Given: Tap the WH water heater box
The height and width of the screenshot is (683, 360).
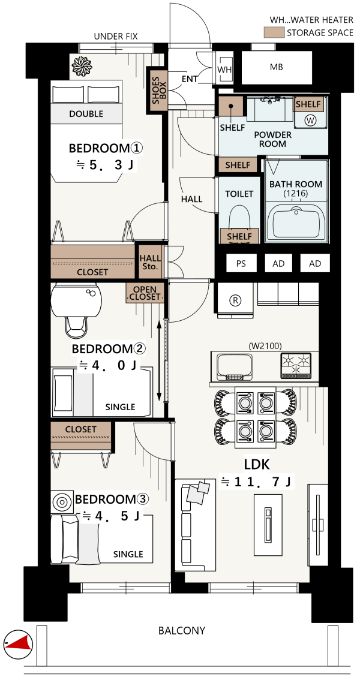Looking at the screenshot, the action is pos(225,69).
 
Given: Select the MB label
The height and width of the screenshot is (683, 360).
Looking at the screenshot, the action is pos(277,67).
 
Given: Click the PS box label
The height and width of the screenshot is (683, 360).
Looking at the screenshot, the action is pos(241,263).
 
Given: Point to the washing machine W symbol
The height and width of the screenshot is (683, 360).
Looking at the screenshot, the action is pos(310,121).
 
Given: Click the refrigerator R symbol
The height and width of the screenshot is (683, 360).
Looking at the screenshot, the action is pos(235,300).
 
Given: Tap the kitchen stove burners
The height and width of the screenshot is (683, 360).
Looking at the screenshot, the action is pos(297,365).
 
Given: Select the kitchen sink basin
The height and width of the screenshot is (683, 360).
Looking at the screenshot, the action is pos(235,366).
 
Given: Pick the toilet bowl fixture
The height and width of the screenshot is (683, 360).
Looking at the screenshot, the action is pos(239,218).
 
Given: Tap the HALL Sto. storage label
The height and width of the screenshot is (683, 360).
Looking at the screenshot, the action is pos(149,262).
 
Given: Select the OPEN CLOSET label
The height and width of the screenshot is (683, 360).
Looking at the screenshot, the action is pos(145,293).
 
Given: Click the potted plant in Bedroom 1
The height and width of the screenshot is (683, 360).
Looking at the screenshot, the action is pos(82,66).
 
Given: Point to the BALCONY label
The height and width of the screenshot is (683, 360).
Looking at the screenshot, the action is pos(181,630).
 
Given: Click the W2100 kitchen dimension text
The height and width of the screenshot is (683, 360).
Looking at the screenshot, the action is pos(265,346).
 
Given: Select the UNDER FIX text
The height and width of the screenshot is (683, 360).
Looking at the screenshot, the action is pos(116,36).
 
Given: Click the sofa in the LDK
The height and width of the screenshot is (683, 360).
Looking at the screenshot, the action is pos(195,525).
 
